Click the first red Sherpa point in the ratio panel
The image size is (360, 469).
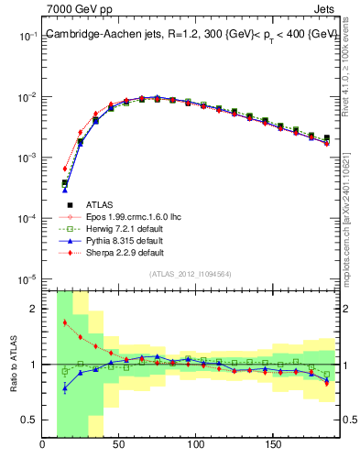[64, 322]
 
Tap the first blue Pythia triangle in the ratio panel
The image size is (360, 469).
[64, 388]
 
